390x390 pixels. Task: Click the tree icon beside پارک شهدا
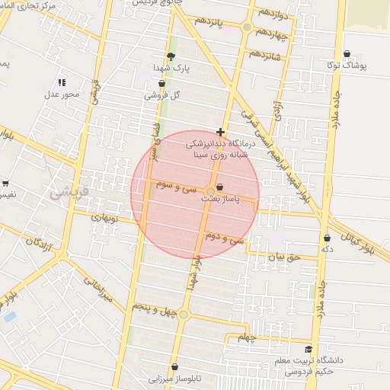pyautogui.click(x=171, y=56)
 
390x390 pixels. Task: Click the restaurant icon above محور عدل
pyautogui.click(x=62, y=82)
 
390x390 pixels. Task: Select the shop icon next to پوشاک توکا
pyautogui.click(x=347, y=54)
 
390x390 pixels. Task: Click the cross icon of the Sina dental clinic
pyautogui.click(x=221, y=132)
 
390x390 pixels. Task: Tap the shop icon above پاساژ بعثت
pyautogui.click(x=220, y=187)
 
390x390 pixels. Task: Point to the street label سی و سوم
pyautogui.click(x=176, y=184)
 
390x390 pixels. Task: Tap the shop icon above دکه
pyautogui.click(x=327, y=238)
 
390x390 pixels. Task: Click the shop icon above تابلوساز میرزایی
pyautogui.click(x=175, y=367)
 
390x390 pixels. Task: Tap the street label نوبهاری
pyautogui.click(x=106, y=217)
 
